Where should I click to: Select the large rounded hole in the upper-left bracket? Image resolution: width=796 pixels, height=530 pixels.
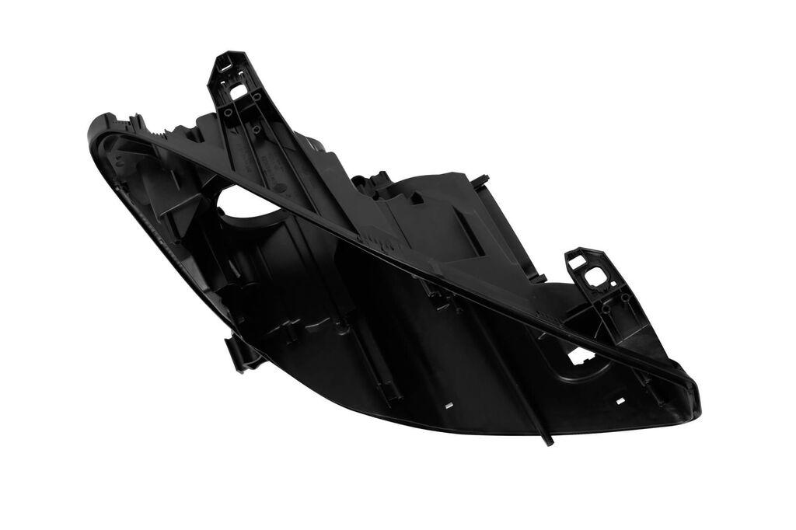(238, 90)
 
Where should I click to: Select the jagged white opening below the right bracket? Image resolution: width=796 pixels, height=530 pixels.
(581, 355)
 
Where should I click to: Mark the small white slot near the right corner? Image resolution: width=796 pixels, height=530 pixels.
(620, 401)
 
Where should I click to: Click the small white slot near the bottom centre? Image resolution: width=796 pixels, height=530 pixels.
(449, 405)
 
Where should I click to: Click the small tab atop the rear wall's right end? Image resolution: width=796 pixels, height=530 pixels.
(482, 180)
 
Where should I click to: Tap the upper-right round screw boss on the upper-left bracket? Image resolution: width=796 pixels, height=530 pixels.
(257, 96)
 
